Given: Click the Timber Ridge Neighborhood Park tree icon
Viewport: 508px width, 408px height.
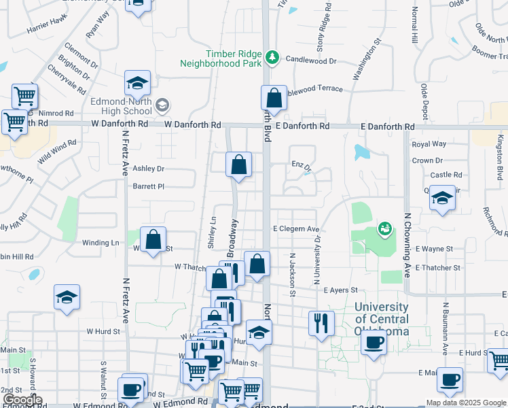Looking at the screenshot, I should tap(272, 56).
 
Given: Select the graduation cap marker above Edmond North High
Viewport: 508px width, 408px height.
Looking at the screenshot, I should tap(137, 84).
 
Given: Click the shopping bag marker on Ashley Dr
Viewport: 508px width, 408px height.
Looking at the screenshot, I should tap(238, 165).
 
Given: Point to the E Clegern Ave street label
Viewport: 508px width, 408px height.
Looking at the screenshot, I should tap(295, 230).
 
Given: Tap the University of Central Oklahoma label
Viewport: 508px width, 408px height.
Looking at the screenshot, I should tap(382, 319).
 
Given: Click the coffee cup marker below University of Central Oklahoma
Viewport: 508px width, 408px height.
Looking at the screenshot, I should tap(373, 343).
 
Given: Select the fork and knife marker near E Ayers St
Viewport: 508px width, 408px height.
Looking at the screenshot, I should tap(321, 322).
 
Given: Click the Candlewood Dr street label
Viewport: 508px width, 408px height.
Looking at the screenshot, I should tap(311, 61).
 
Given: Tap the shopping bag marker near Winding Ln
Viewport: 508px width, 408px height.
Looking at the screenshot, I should tap(153, 239).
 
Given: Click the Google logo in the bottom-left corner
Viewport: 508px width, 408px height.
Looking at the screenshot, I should tap(22, 400).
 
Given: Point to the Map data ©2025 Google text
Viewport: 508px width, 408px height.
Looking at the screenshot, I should tap(466, 403).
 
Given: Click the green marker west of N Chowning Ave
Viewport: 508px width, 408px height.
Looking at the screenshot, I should tap(385, 229).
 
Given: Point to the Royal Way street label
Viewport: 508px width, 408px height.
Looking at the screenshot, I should tap(429, 144).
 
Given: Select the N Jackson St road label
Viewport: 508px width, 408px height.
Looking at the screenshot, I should tap(293, 275).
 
